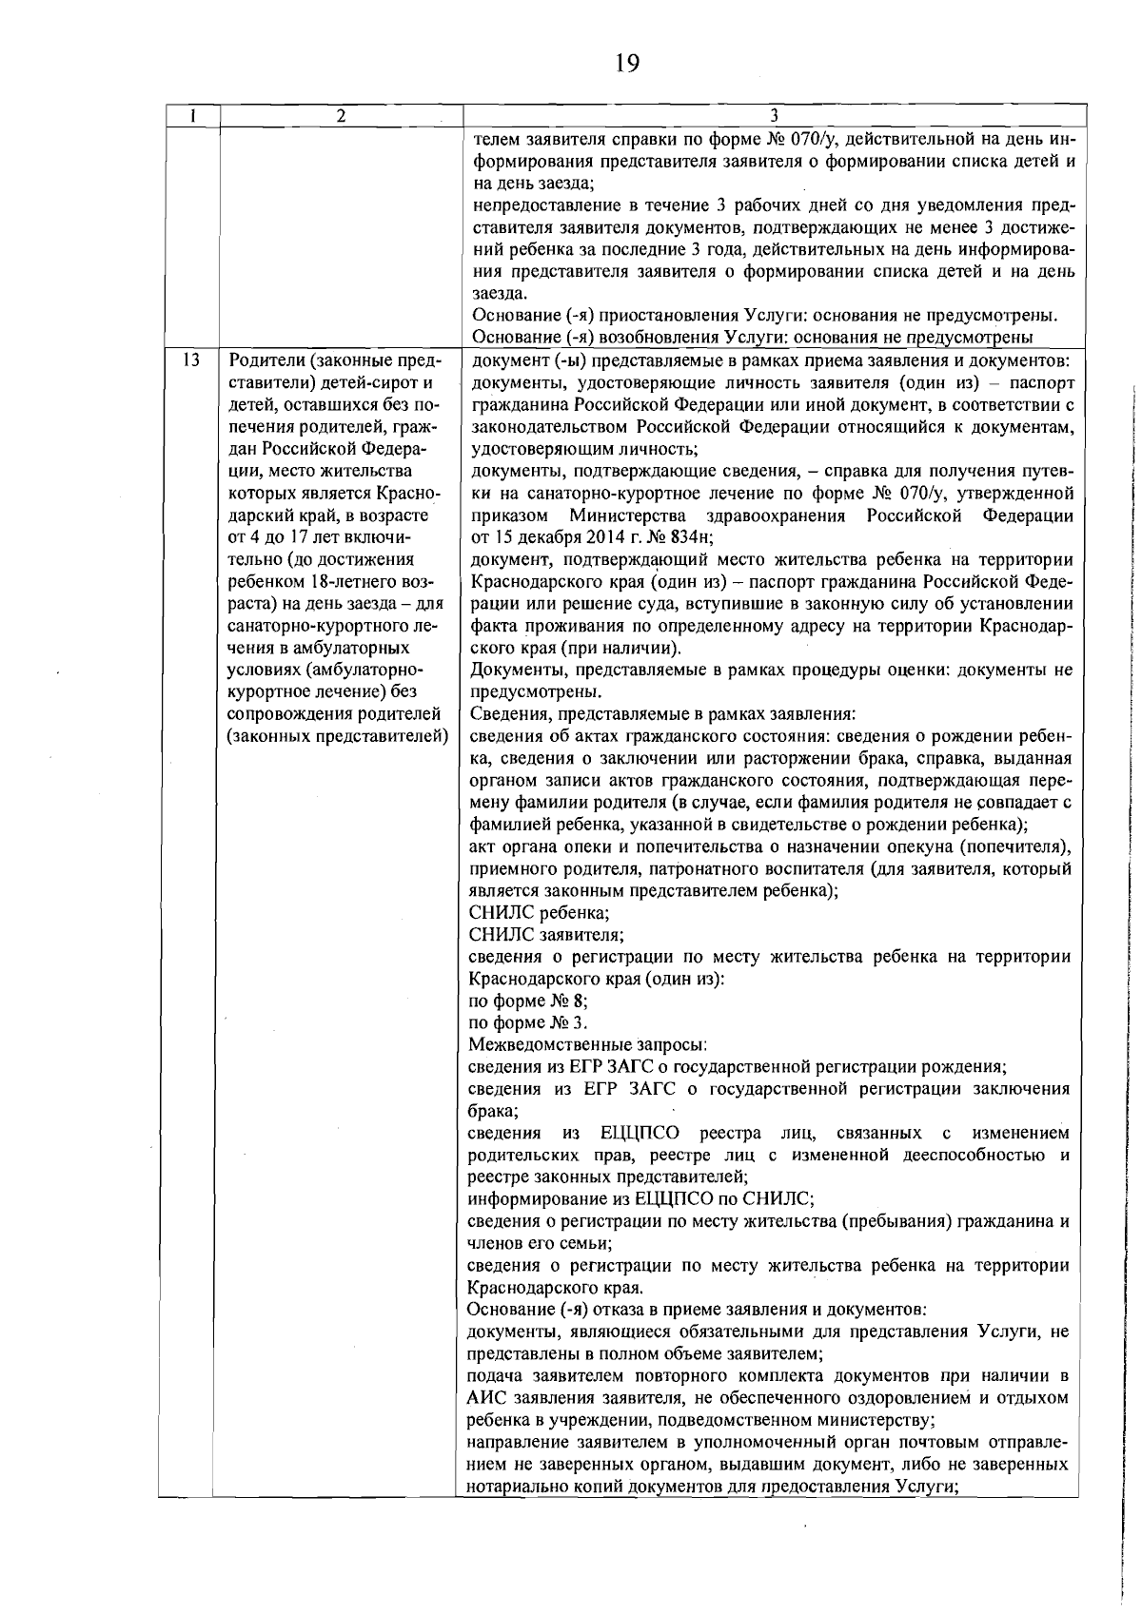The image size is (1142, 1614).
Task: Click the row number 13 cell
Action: click(190, 360)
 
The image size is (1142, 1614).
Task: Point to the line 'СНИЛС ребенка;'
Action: click(540, 913)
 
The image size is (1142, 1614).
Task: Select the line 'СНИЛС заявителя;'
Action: click(547, 935)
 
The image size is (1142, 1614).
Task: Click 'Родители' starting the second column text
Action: click(261, 361)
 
